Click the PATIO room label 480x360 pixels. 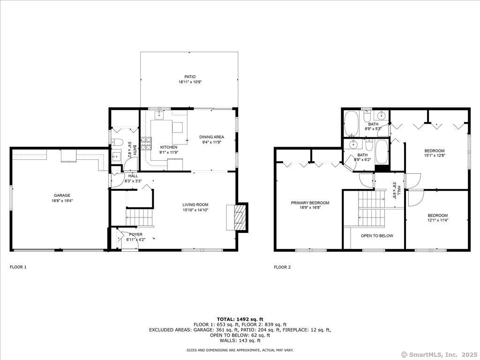click(x=189, y=77)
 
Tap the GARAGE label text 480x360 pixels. click(x=61, y=195)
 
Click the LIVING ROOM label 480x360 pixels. click(x=195, y=204)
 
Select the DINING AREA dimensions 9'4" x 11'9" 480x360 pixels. click(x=211, y=142)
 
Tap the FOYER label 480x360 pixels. click(x=135, y=234)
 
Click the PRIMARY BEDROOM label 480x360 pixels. click(x=310, y=203)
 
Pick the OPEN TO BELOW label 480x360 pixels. click(x=377, y=236)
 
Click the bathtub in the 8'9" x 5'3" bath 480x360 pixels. click(x=351, y=123)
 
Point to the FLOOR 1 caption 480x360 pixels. click(x=18, y=267)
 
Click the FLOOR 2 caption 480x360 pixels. click(x=282, y=267)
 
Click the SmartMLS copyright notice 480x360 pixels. click(x=439, y=354)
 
